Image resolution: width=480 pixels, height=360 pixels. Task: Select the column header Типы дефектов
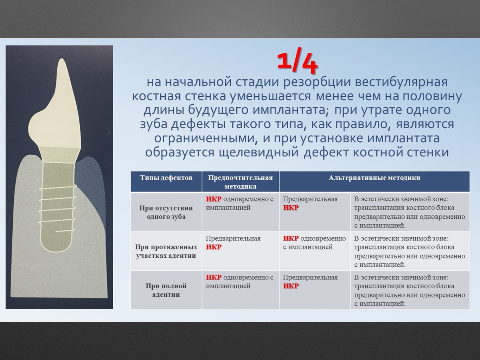[x=166, y=178]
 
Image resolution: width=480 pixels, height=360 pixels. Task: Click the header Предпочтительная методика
[x=240, y=182]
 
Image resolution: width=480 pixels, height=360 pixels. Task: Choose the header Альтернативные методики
[x=375, y=178]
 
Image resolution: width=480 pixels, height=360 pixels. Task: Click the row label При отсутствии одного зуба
[x=166, y=212]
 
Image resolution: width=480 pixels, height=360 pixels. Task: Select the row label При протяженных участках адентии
[x=166, y=251]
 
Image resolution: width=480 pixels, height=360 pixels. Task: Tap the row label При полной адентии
[x=166, y=290]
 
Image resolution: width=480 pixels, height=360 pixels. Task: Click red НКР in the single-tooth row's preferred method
[x=213, y=199]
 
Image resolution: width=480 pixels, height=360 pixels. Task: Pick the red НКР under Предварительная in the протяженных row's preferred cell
[x=213, y=247]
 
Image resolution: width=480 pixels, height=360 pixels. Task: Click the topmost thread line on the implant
[x=58, y=188]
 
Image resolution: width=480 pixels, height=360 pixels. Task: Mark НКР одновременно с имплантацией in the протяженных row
[x=314, y=243]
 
